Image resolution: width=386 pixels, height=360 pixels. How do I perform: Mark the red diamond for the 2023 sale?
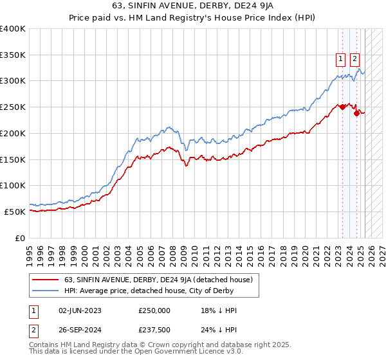click(342, 107)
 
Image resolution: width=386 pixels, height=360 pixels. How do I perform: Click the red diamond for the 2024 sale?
click(357, 114)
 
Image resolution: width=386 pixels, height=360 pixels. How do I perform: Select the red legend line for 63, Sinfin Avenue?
click(45, 280)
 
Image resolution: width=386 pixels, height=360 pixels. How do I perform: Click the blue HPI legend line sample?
click(45, 291)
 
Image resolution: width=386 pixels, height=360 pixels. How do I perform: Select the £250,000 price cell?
click(154, 310)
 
